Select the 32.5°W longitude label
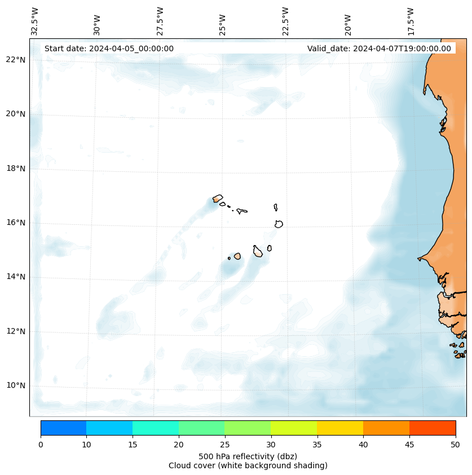click(x=35, y=21)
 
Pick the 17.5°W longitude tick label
click(x=411, y=21)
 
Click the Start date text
click(x=109, y=48)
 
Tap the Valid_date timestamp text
click(x=379, y=48)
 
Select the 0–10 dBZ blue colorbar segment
click(x=63, y=428)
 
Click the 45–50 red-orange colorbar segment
click(x=433, y=428)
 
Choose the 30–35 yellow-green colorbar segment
click(x=294, y=428)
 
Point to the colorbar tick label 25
click(x=224, y=445)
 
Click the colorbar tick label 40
click(x=363, y=445)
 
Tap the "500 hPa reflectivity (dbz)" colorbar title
click(x=248, y=456)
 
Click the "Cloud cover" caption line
click(x=248, y=465)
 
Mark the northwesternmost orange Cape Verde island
click(x=217, y=198)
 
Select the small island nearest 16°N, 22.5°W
click(x=279, y=224)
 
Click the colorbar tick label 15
click(x=133, y=445)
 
